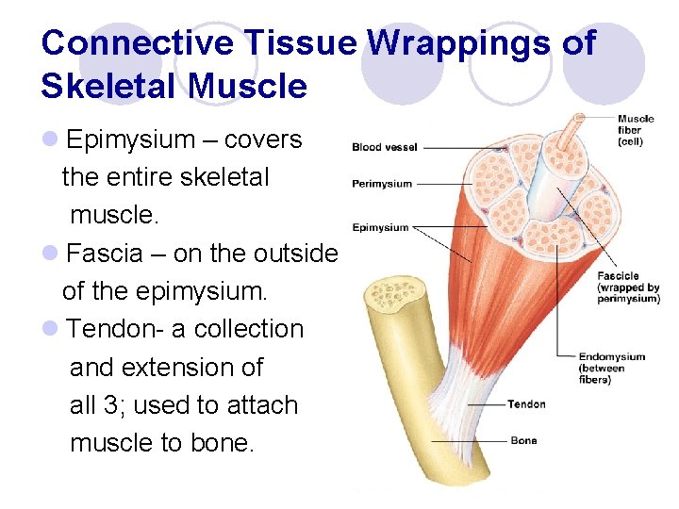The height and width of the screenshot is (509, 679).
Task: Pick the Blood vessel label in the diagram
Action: click(x=384, y=147)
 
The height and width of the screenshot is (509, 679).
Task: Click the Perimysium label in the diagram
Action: click(x=382, y=183)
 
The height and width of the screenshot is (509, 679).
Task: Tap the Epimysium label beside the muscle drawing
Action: click(x=380, y=227)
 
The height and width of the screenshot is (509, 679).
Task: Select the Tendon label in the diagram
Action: click(x=526, y=404)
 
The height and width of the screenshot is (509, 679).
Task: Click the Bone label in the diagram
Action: click(x=523, y=440)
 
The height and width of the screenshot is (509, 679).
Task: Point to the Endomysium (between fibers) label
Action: click(x=612, y=368)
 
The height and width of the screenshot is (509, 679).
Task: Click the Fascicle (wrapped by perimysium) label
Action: click(x=627, y=287)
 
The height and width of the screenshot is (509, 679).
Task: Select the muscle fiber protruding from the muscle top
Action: click(x=571, y=132)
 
